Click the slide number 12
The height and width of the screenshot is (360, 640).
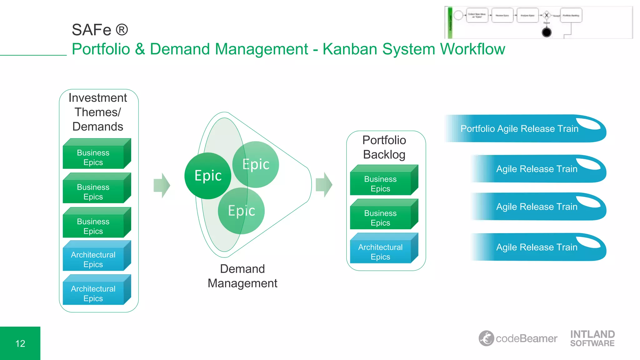click(x=20, y=343)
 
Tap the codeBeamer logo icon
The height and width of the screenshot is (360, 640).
click(x=486, y=338)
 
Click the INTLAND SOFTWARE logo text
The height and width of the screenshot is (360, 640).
click(x=592, y=338)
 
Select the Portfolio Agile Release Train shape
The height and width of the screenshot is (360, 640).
click(x=525, y=129)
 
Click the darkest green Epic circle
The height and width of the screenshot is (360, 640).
click(x=208, y=176)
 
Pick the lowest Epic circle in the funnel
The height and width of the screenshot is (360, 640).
click(x=241, y=211)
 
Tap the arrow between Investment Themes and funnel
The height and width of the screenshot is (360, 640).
click(x=162, y=185)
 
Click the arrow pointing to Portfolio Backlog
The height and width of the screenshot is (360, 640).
click(x=324, y=185)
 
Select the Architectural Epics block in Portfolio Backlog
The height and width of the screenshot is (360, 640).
click(x=381, y=252)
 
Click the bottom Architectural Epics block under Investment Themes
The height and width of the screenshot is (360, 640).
click(x=93, y=293)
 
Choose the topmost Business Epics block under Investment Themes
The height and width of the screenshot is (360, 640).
click(x=93, y=157)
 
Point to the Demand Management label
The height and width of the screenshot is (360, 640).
click(x=242, y=276)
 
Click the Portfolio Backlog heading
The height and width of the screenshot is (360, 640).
click(x=384, y=147)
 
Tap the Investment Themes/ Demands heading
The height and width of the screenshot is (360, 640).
click(x=98, y=112)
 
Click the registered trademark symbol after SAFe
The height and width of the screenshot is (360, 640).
click(x=122, y=30)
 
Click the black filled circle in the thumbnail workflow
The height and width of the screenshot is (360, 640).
click(x=547, y=32)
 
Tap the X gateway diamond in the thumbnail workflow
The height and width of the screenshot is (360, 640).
click(x=547, y=15)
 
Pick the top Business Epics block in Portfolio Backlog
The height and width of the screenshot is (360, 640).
click(x=381, y=183)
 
